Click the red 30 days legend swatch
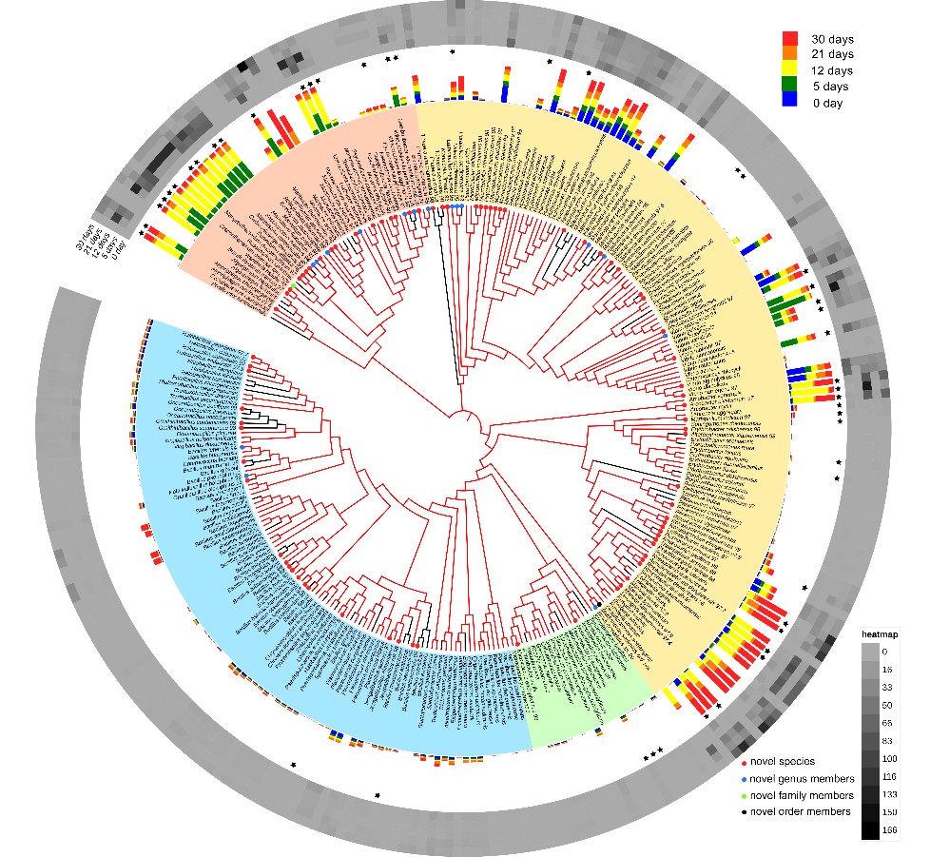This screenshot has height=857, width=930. (790, 39)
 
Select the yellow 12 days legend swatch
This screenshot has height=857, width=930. (790, 70)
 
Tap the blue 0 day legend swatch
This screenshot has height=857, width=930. (790, 102)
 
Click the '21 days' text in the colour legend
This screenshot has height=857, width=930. (832, 55)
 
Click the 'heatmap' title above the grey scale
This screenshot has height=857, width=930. (880, 634)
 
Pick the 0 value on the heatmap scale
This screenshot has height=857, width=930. (883, 652)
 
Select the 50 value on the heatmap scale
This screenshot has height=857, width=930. (886, 705)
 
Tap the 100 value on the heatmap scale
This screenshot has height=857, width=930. (888, 759)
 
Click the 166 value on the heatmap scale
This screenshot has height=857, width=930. (888, 830)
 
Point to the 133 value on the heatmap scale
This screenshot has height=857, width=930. (888, 794)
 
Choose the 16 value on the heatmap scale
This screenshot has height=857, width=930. (886, 670)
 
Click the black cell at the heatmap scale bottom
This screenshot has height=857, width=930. (870, 830)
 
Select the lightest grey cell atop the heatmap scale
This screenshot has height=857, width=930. (870, 652)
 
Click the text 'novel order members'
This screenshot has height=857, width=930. (802, 811)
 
